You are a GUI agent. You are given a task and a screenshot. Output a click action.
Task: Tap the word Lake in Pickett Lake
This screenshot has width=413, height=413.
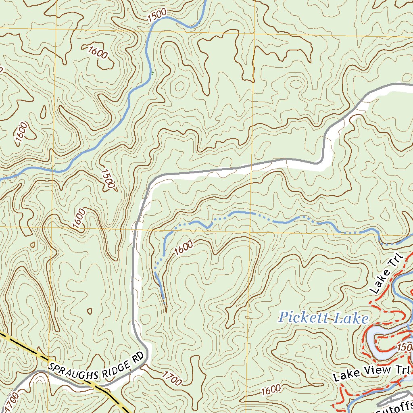tap(349, 318)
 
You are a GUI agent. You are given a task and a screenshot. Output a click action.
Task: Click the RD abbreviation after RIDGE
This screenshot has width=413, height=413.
tap(138, 356)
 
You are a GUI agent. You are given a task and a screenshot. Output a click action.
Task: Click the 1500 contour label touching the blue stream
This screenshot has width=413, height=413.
tap(157, 16)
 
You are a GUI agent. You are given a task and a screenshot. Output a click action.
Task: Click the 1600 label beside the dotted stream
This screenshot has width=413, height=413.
tap(184, 248)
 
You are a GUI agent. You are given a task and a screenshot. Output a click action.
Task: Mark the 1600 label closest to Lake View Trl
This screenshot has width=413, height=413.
tap(270, 390)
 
